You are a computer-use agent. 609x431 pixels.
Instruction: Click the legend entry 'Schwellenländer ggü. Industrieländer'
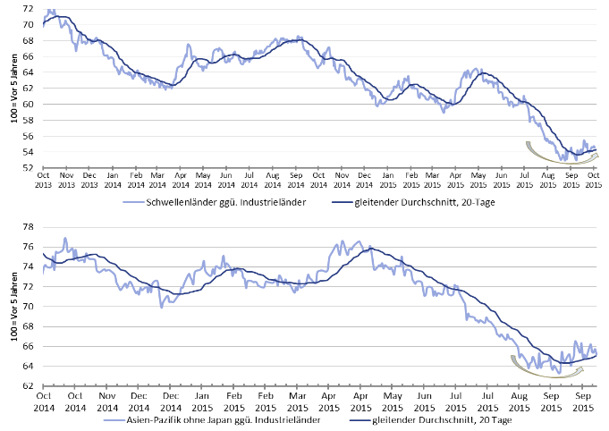[x=214, y=203]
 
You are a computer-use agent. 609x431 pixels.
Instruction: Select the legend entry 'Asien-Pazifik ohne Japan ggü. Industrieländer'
[x=213, y=418]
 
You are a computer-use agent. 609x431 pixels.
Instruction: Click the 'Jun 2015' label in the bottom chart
[x=424, y=398]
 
